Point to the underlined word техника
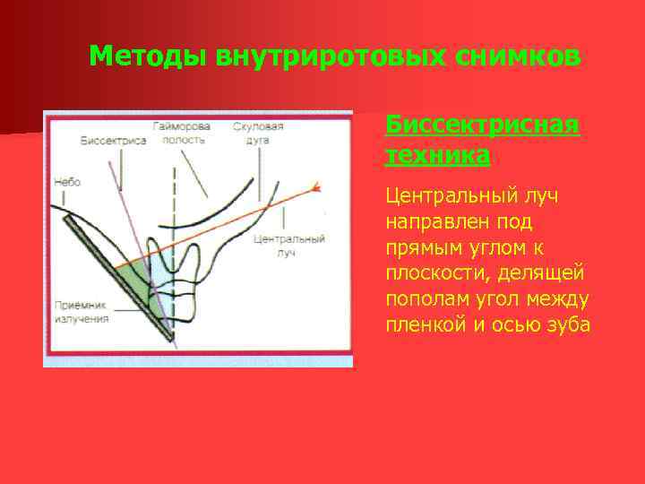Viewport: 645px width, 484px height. [437, 155]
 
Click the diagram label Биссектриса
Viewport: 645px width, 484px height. [113, 141]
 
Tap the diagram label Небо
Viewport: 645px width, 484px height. [67, 182]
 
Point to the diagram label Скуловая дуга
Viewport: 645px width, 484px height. [258, 134]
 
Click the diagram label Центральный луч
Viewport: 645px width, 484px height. [288, 246]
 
